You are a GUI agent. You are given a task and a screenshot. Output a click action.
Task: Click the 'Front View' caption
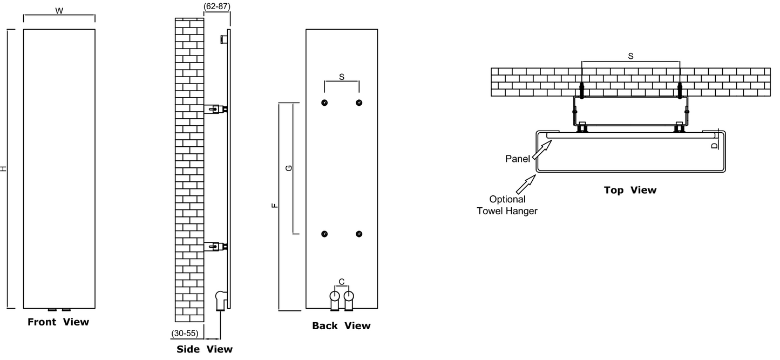coord(58,322)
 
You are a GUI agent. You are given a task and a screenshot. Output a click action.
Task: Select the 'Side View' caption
coord(205,349)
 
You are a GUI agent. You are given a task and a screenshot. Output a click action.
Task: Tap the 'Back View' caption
coord(341,326)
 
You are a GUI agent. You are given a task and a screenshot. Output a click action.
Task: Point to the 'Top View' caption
coord(630,190)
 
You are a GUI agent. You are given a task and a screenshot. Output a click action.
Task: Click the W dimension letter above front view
coord(59,11)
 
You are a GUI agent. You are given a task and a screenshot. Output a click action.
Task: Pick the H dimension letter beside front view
coord(4,169)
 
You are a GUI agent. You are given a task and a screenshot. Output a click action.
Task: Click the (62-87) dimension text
coord(216,6)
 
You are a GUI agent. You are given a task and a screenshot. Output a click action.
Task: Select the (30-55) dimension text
coord(185,334)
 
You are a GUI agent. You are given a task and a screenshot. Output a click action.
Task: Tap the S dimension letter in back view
coord(342,77)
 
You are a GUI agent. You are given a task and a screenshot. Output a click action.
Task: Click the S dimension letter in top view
coord(631,56)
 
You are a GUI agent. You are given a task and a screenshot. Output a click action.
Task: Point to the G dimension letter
coord(289,168)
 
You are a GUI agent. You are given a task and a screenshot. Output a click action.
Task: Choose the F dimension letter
coord(274,206)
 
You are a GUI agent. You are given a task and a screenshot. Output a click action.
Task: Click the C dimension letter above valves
coord(342,282)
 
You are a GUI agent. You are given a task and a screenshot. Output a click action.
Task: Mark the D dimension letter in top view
coord(715,145)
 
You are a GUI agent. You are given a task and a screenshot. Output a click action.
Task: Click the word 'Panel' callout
coord(518,159)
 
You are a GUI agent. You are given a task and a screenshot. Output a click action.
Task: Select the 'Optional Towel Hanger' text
coord(507,205)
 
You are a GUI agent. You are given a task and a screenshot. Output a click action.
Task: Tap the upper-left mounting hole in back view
coord(324,103)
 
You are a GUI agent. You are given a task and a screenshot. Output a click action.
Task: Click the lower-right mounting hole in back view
coord(359,234)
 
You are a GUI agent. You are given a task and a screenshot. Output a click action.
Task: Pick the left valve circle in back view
coord(335,296)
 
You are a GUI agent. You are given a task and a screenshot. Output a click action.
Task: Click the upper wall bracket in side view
coord(215,110)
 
